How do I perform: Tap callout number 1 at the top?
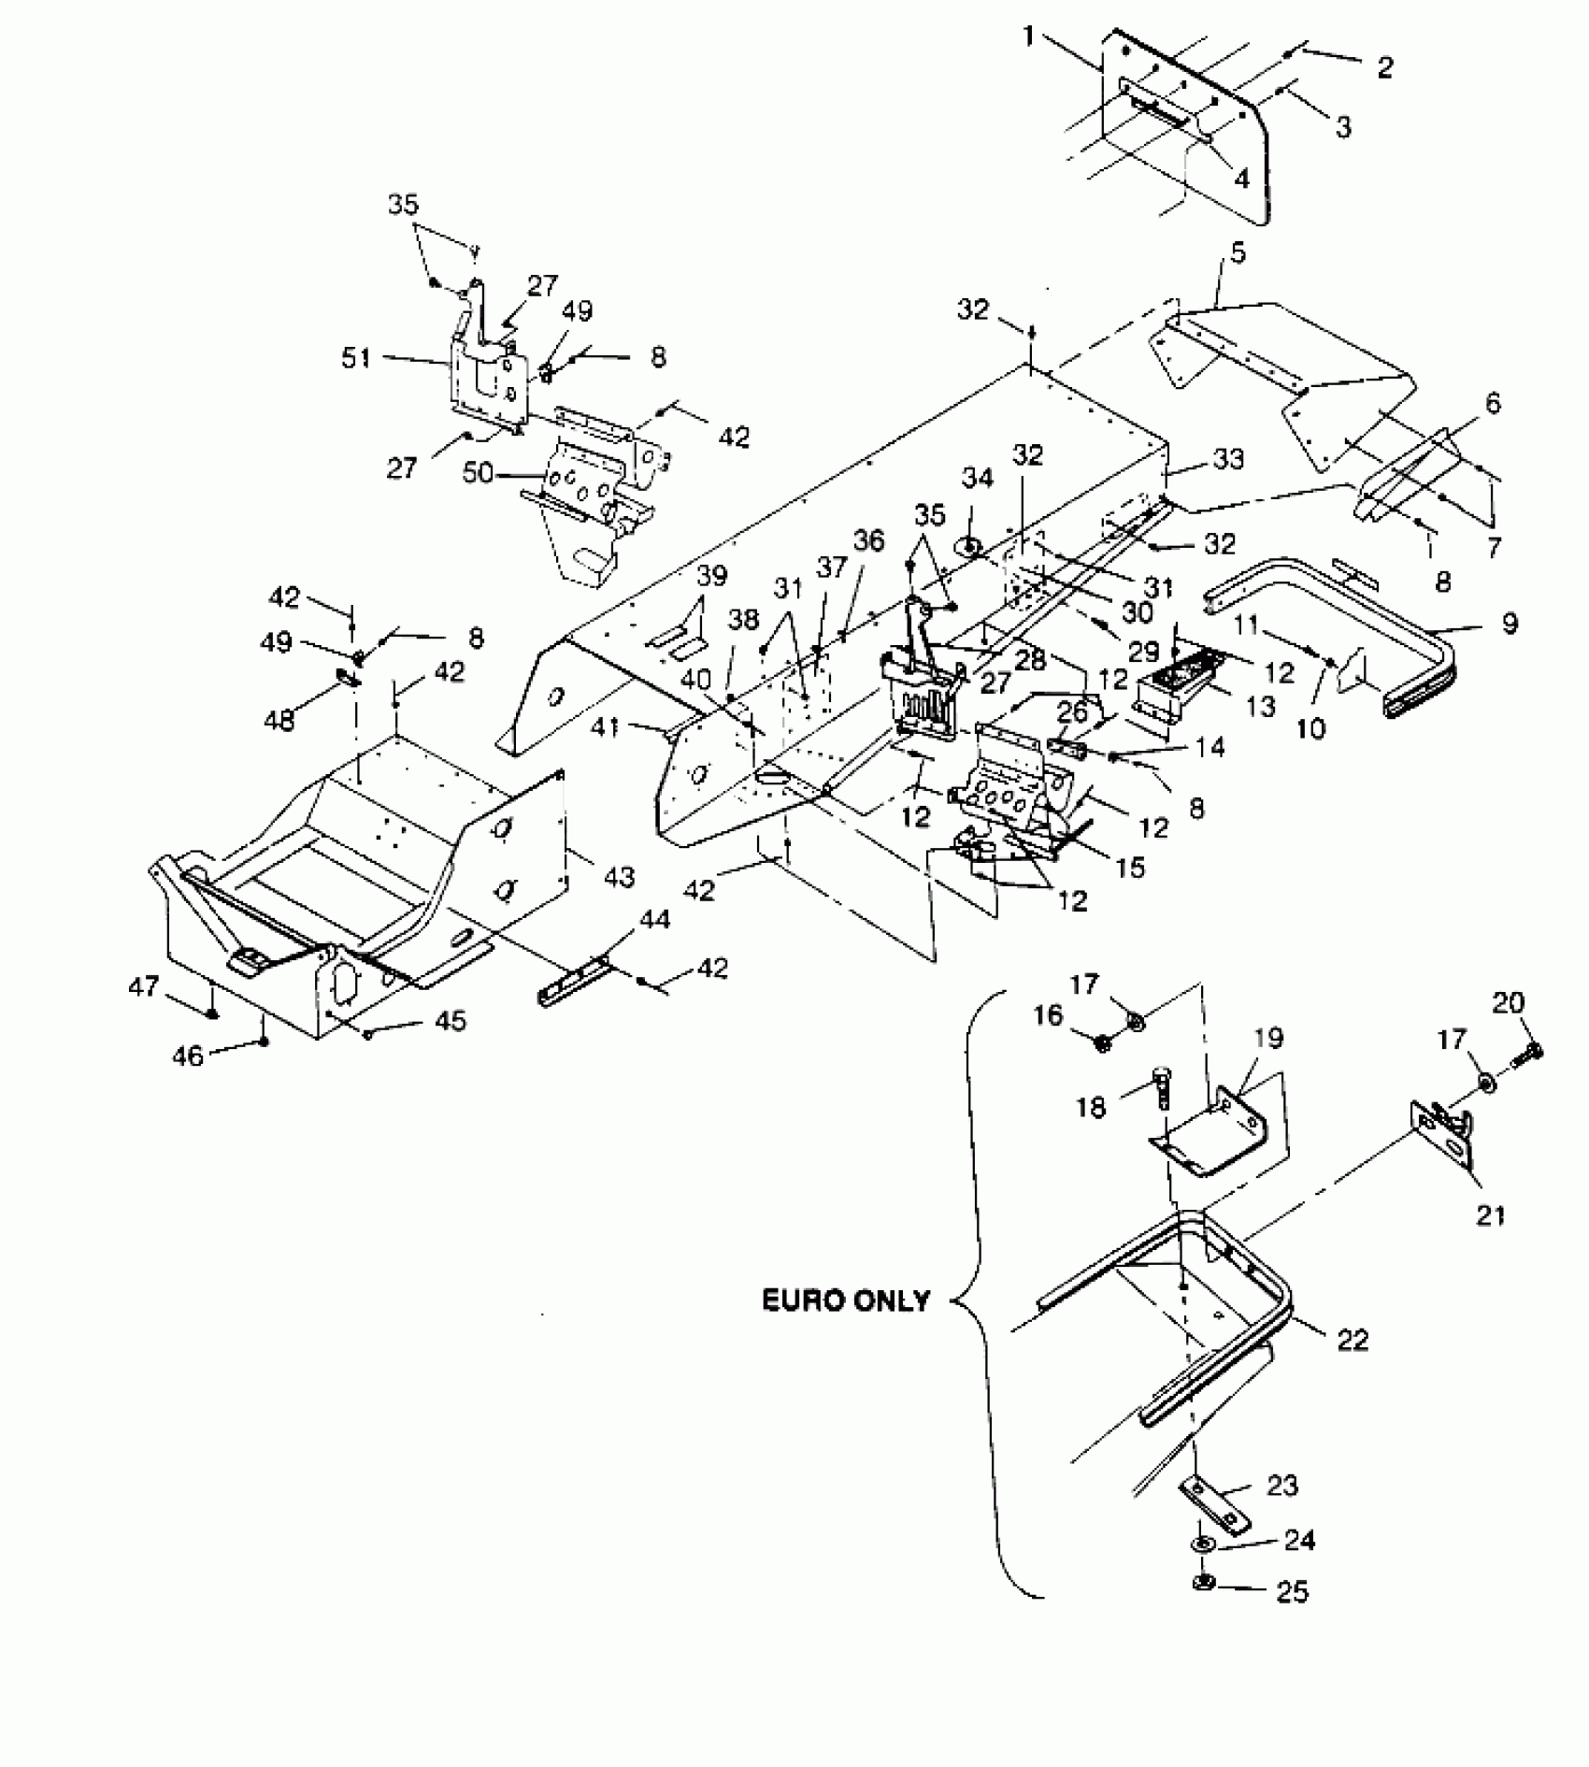[x=1029, y=37]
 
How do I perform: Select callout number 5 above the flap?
[x=1238, y=252]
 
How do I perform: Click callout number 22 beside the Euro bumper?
[x=1353, y=1340]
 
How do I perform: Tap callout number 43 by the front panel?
[x=619, y=876]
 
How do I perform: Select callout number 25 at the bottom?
[x=1293, y=1590]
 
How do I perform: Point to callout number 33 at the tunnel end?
[x=1228, y=459]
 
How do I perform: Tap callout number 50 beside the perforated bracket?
[x=478, y=473]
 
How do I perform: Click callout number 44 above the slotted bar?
[x=654, y=921]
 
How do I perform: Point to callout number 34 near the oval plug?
[x=979, y=480]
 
